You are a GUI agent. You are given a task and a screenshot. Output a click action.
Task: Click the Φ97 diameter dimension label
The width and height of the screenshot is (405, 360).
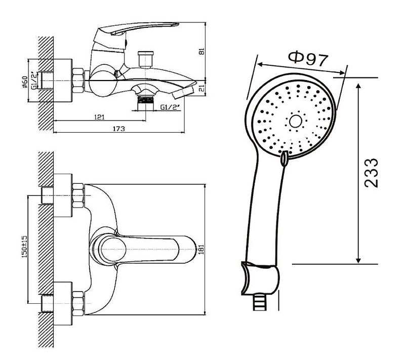(308, 59)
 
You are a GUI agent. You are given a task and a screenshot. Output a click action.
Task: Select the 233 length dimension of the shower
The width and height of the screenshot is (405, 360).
(371, 173)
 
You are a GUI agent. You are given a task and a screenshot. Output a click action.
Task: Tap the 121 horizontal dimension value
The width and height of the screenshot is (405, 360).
(99, 117)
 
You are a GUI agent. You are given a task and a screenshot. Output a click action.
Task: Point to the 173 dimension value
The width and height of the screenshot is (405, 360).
(119, 129)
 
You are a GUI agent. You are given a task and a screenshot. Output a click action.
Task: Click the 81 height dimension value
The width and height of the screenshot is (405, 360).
(202, 51)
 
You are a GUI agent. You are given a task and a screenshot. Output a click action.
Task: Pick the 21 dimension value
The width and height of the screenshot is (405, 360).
(202, 89)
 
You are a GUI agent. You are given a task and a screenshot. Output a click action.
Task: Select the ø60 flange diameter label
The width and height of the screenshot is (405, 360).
(25, 82)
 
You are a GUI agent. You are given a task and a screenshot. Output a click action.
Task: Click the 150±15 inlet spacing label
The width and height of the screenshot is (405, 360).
(24, 247)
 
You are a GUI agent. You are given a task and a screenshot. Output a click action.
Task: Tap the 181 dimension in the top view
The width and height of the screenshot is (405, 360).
(201, 249)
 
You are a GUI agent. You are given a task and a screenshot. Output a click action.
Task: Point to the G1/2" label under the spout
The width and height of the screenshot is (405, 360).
(170, 107)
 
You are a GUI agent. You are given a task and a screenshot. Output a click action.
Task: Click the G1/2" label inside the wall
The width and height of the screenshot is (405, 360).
(34, 81)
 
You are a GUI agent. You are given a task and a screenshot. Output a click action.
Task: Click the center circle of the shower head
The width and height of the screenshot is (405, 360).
(296, 121)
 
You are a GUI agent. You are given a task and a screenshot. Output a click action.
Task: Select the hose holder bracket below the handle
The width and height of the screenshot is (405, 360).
(260, 278)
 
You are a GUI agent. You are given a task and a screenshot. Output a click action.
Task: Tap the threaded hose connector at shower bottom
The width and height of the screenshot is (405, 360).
(259, 303)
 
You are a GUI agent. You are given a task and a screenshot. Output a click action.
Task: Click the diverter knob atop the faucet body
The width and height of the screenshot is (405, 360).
(145, 59)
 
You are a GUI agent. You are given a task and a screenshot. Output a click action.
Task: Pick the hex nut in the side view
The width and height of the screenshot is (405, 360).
(78, 81)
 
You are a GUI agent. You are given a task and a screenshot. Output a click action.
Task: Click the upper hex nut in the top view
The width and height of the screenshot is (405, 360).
(78, 195)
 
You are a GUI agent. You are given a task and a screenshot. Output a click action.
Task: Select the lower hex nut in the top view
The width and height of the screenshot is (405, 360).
(78, 304)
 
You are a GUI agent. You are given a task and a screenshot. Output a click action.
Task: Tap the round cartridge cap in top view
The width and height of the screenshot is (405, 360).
(113, 250)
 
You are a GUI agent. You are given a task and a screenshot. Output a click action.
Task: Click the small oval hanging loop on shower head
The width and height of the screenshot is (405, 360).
(284, 158)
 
